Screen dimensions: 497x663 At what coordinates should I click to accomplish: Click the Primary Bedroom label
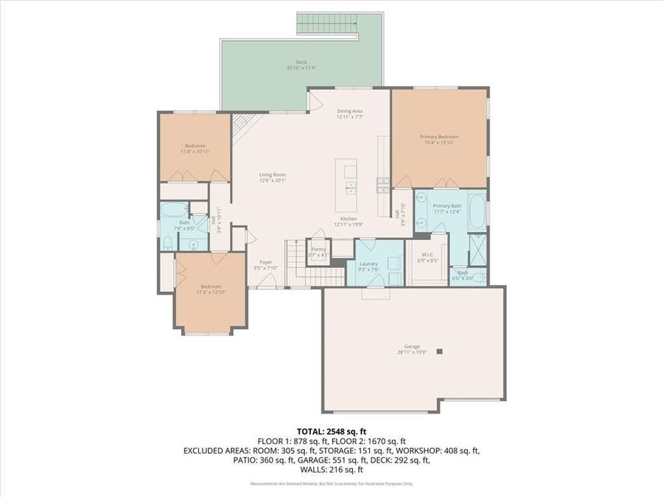(x=439, y=137)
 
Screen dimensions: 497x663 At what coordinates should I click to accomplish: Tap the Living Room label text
(x=272, y=175)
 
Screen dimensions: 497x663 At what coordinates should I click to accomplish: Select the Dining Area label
(x=350, y=111)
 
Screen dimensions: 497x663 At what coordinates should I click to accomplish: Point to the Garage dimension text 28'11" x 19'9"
(x=411, y=353)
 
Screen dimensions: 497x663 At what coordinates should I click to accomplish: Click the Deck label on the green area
(x=301, y=62)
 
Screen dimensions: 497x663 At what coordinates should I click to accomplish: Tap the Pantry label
(x=318, y=250)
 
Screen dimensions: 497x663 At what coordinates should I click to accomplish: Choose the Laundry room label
(x=368, y=264)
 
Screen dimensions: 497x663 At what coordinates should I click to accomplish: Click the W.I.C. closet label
(x=427, y=254)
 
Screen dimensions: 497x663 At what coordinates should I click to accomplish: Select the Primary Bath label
(x=446, y=206)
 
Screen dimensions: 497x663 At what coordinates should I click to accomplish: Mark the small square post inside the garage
(x=439, y=352)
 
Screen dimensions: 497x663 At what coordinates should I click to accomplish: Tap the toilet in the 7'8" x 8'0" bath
(x=167, y=241)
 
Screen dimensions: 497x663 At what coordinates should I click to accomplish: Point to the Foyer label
(x=265, y=262)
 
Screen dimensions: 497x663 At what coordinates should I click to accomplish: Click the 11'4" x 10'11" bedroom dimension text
(x=195, y=151)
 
